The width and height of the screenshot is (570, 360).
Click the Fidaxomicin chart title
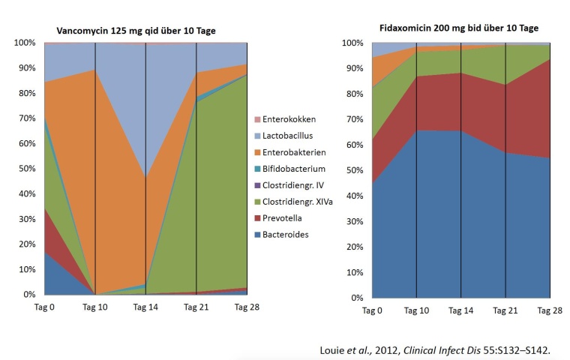click(458, 28)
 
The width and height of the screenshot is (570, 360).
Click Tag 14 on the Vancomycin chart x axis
click(145, 307)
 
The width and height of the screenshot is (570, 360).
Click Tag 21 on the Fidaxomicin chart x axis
click(505, 310)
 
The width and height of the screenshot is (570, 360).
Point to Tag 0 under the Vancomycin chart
click(43, 307)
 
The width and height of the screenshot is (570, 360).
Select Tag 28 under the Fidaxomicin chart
click(550, 310)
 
